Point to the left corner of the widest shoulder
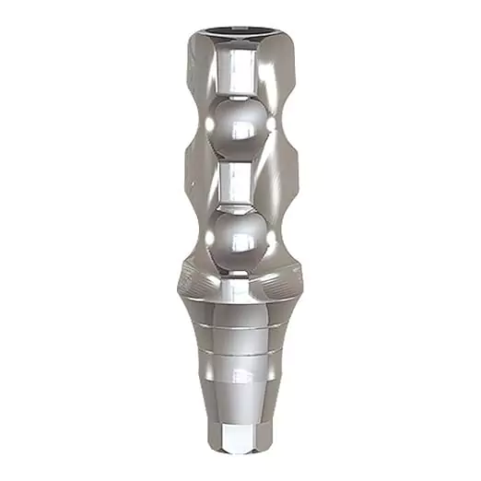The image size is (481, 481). (177, 276)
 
